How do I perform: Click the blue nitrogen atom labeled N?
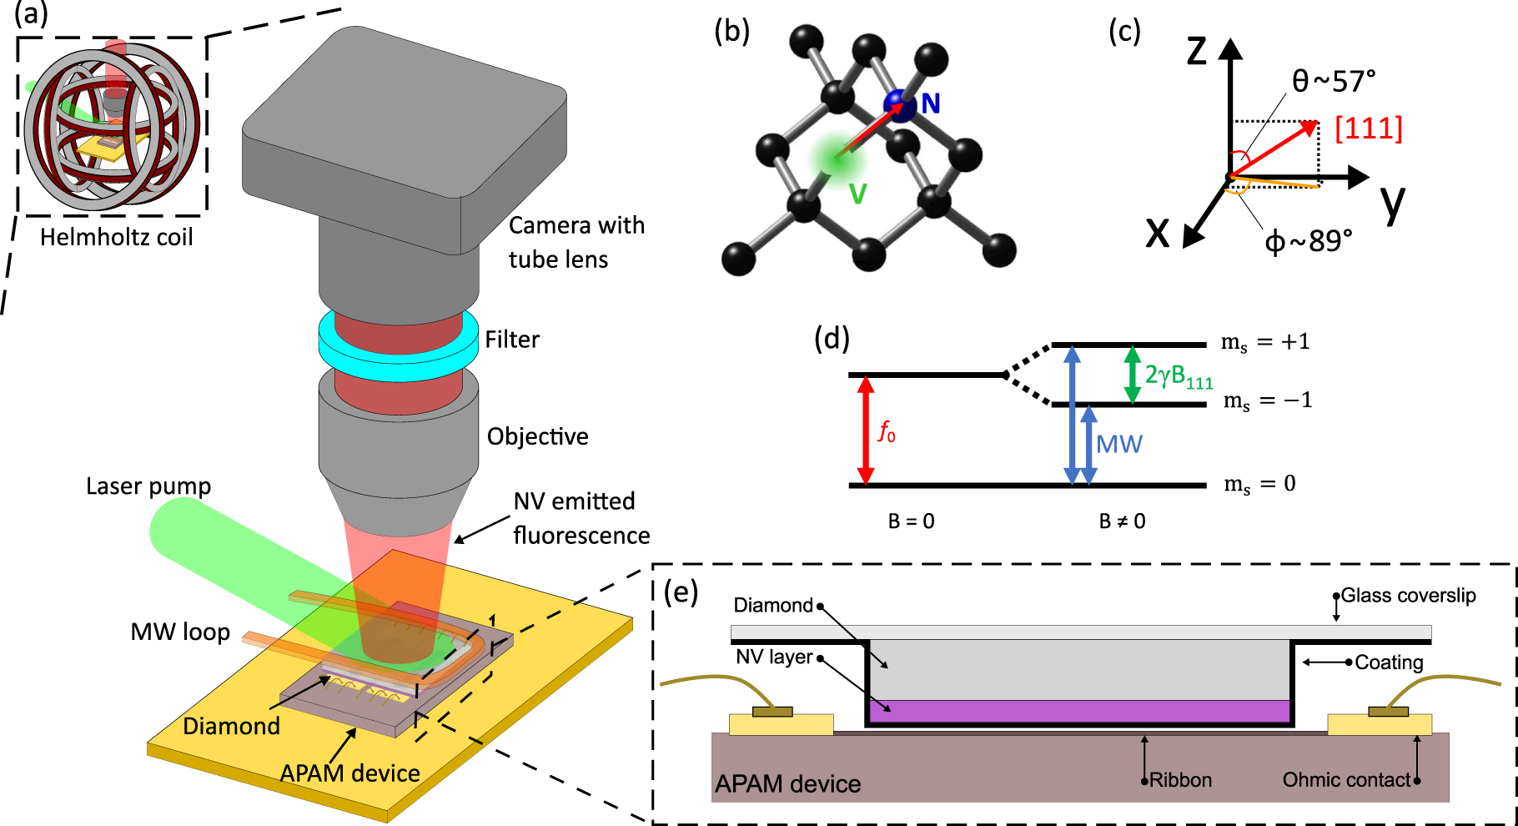tap(900, 106)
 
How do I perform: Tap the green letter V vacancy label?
tap(857, 194)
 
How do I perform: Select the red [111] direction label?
tap(1369, 128)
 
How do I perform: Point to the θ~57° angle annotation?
tap(1333, 82)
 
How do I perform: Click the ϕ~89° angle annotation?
tap(1308, 241)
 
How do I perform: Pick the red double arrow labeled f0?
tap(865, 431)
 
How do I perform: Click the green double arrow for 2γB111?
tap(1132, 375)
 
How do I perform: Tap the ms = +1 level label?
tap(1264, 342)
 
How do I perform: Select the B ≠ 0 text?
tap(1122, 521)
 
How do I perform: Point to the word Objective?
tap(537, 436)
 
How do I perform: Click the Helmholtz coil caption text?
tap(116, 237)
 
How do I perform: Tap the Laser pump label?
tap(148, 486)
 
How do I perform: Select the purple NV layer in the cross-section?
tap(1079, 712)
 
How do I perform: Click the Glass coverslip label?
tap(1408, 596)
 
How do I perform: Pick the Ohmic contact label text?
tap(1345, 780)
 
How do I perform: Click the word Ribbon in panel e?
tap(1180, 780)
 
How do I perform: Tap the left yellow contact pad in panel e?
tap(781, 724)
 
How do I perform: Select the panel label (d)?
tap(832, 339)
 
